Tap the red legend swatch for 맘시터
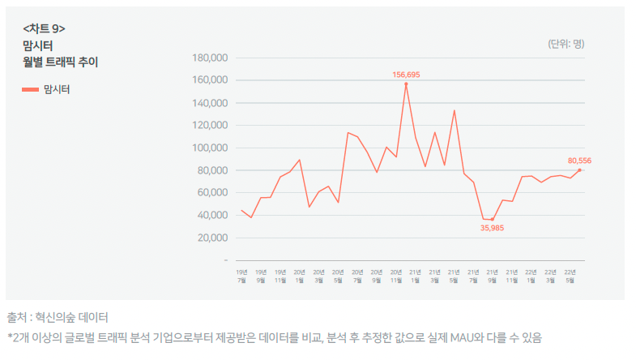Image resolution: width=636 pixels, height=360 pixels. pos(30,90)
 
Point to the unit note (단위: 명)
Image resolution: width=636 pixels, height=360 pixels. pos(566,44)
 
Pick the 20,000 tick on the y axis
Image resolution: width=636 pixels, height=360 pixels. pos(213,238)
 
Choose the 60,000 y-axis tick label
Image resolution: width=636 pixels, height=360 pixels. pos(213,193)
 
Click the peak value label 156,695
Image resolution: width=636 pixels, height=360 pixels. pos(406,75)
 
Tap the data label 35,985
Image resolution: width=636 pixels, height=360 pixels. pos(492,228)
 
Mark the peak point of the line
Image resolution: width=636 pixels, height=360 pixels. pos(406,84)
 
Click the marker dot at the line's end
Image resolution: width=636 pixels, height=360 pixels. pos(580,169)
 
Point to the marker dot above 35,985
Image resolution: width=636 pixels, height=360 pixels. pos(492,220)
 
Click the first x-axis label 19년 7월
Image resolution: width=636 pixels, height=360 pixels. pos(241,276)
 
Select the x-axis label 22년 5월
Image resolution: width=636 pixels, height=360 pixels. pos(570,276)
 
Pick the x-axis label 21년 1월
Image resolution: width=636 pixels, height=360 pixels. pos(416,276)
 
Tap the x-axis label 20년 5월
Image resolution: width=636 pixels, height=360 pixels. pos(338,276)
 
